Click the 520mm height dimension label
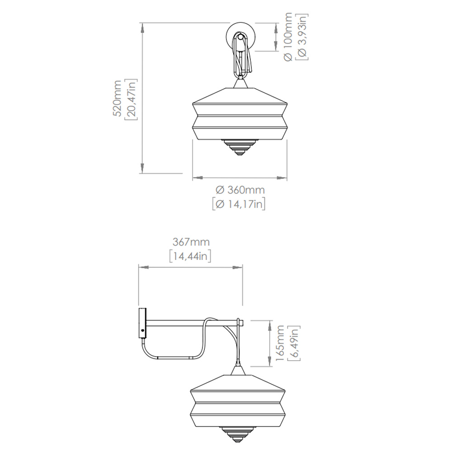coord(117,98)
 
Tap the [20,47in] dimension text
coord(131,99)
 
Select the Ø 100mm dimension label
coord(288,37)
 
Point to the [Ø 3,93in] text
coord(302,37)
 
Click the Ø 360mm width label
coord(240,190)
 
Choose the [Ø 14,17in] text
coord(239,204)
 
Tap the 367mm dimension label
coord(191,242)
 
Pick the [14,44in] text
coord(190,256)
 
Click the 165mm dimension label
coord(280,343)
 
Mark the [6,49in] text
coord(294,343)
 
